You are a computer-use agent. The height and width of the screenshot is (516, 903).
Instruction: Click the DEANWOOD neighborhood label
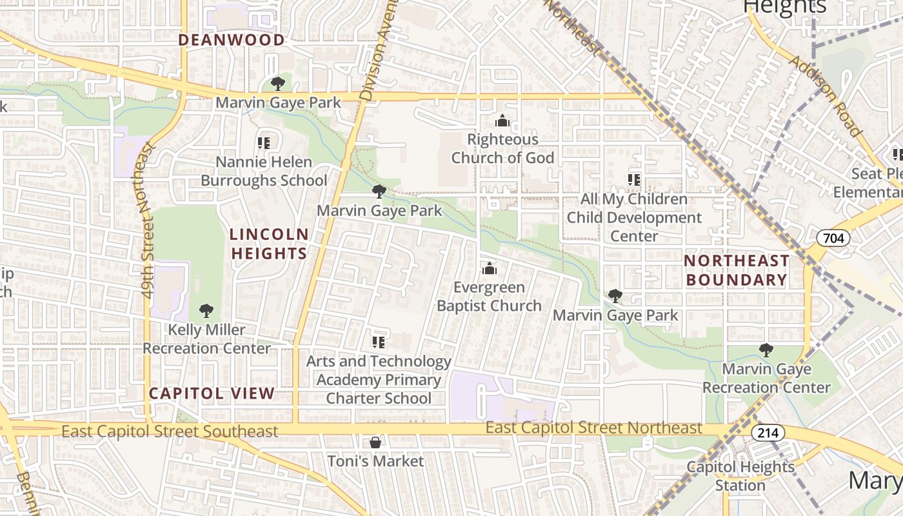coord(231,40)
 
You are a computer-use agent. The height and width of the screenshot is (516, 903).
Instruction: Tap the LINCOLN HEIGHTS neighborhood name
coord(270,243)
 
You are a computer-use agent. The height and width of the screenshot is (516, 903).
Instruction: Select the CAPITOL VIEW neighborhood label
coord(212,393)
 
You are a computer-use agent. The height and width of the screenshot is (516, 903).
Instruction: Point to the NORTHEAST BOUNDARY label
coord(736,270)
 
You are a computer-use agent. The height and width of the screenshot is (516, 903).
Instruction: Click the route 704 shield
coord(833,239)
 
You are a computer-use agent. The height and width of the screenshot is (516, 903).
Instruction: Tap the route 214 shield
coord(768,433)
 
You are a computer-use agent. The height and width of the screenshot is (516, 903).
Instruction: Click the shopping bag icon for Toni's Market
coord(375,442)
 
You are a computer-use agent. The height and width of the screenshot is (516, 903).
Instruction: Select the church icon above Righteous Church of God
coord(502,121)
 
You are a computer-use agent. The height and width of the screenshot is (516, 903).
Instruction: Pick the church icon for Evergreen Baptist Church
coord(489,268)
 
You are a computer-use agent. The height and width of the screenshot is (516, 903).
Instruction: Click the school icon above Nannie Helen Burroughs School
coord(263,143)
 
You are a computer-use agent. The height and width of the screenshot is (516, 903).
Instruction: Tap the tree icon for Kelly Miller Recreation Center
coord(206,311)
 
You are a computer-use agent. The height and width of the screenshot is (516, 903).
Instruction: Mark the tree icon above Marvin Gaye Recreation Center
coord(766,350)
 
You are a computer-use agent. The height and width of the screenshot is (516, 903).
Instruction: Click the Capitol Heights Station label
coord(740,475)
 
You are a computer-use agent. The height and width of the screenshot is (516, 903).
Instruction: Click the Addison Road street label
coord(826,95)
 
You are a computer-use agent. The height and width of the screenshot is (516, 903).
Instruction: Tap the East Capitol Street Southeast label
coord(170,431)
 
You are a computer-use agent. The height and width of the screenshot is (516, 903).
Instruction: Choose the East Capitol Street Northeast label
coord(593,428)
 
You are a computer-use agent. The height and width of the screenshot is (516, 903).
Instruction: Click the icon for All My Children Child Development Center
coord(633,180)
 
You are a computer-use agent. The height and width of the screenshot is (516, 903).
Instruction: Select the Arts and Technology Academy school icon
coord(379,342)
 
